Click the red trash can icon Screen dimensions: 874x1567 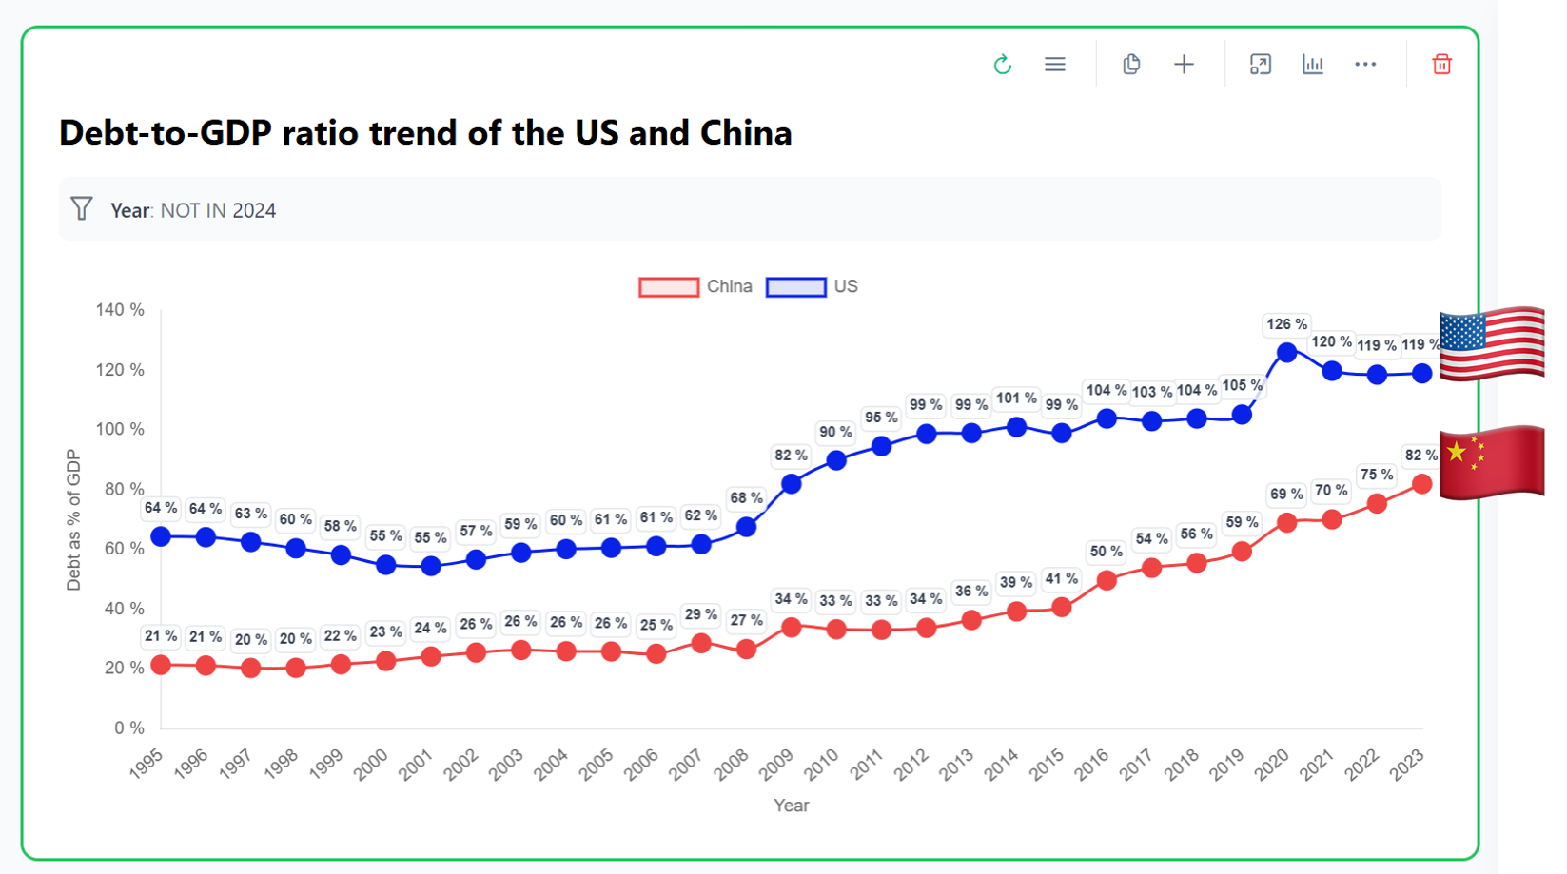tap(1441, 65)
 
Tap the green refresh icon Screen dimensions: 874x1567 tap(1002, 65)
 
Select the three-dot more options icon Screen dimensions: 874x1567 tap(1365, 65)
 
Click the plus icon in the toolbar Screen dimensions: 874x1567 tap(1184, 65)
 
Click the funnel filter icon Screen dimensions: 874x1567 tap(82, 209)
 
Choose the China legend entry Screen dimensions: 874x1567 tap(695, 286)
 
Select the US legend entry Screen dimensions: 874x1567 tap(813, 286)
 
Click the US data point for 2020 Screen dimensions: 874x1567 tap(1287, 353)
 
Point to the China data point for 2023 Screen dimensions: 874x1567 tap(1422, 484)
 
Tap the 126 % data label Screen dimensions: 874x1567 tap(1287, 324)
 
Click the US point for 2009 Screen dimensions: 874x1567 tap(792, 484)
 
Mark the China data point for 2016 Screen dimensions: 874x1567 tap(1107, 580)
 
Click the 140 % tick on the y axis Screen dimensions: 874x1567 tap(120, 310)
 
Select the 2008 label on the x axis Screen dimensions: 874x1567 tap(732, 765)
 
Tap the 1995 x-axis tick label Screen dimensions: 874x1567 tap(147, 765)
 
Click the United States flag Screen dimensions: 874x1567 tap(1492, 343)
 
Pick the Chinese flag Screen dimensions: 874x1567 tap(1492, 462)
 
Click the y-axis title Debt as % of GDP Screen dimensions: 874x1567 tap(74, 520)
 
